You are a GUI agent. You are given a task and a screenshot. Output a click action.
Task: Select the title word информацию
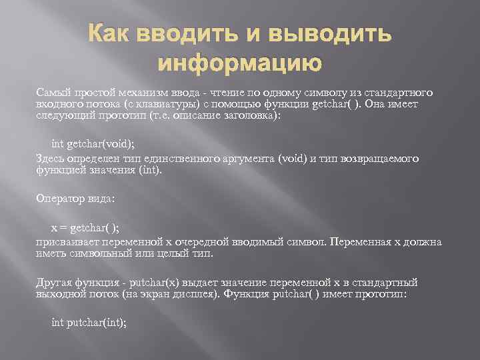click(x=240, y=63)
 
